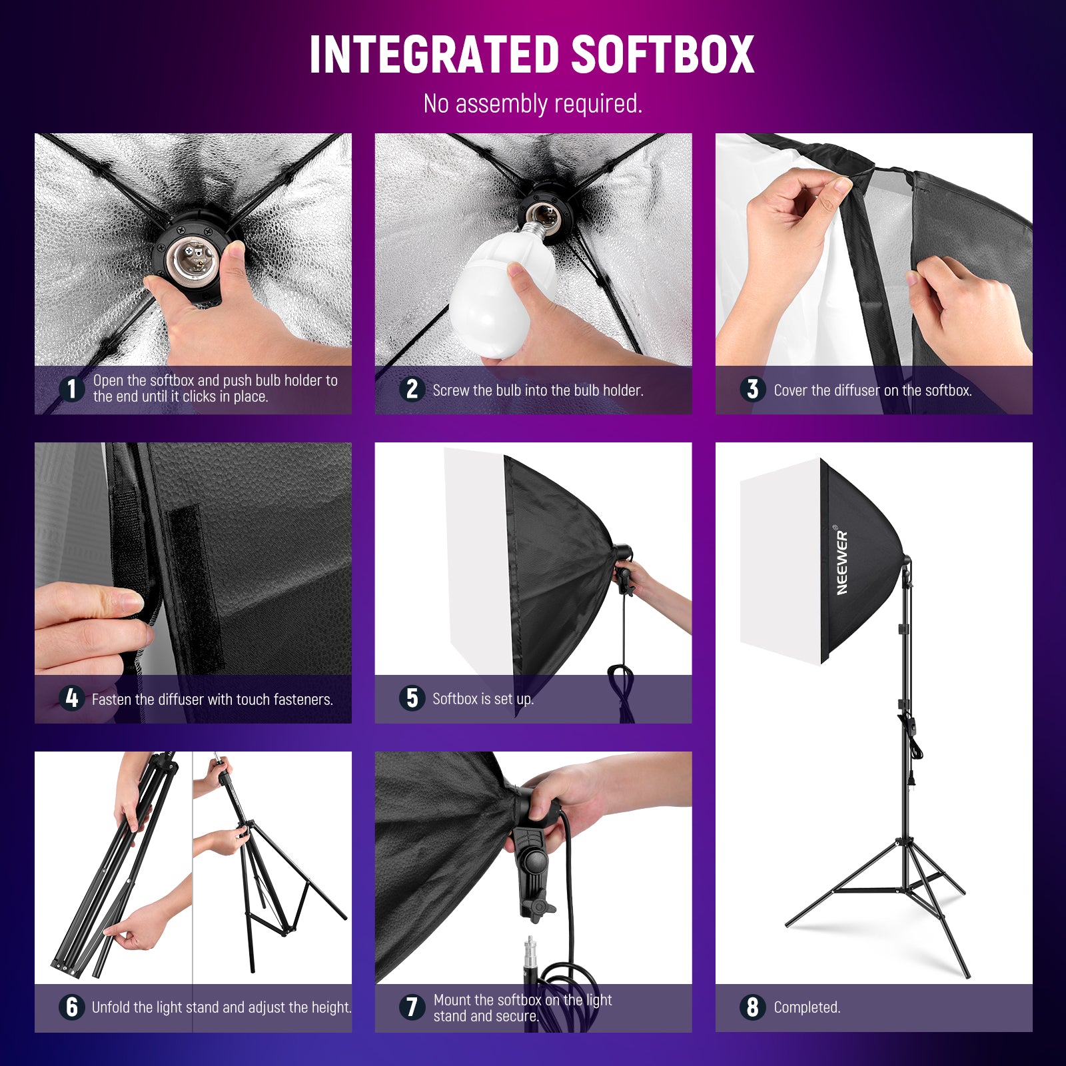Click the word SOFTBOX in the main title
(x=662, y=55)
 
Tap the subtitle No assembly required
(x=533, y=104)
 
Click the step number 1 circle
(x=71, y=389)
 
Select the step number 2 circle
(x=412, y=389)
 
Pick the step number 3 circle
(x=752, y=389)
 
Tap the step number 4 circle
(x=71, y=698)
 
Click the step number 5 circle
(x=412, y=698)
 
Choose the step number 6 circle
(x=71, y=1007)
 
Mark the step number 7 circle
(x=412, y=1007)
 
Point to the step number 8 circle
(x=752, y=1007)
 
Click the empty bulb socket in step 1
(x=189, y=257)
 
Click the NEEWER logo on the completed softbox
(x=842, y=562)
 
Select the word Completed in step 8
(x=807, y=1007)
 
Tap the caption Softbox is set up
(x=483, y=699)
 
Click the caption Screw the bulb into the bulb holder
(x=538, y=390)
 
